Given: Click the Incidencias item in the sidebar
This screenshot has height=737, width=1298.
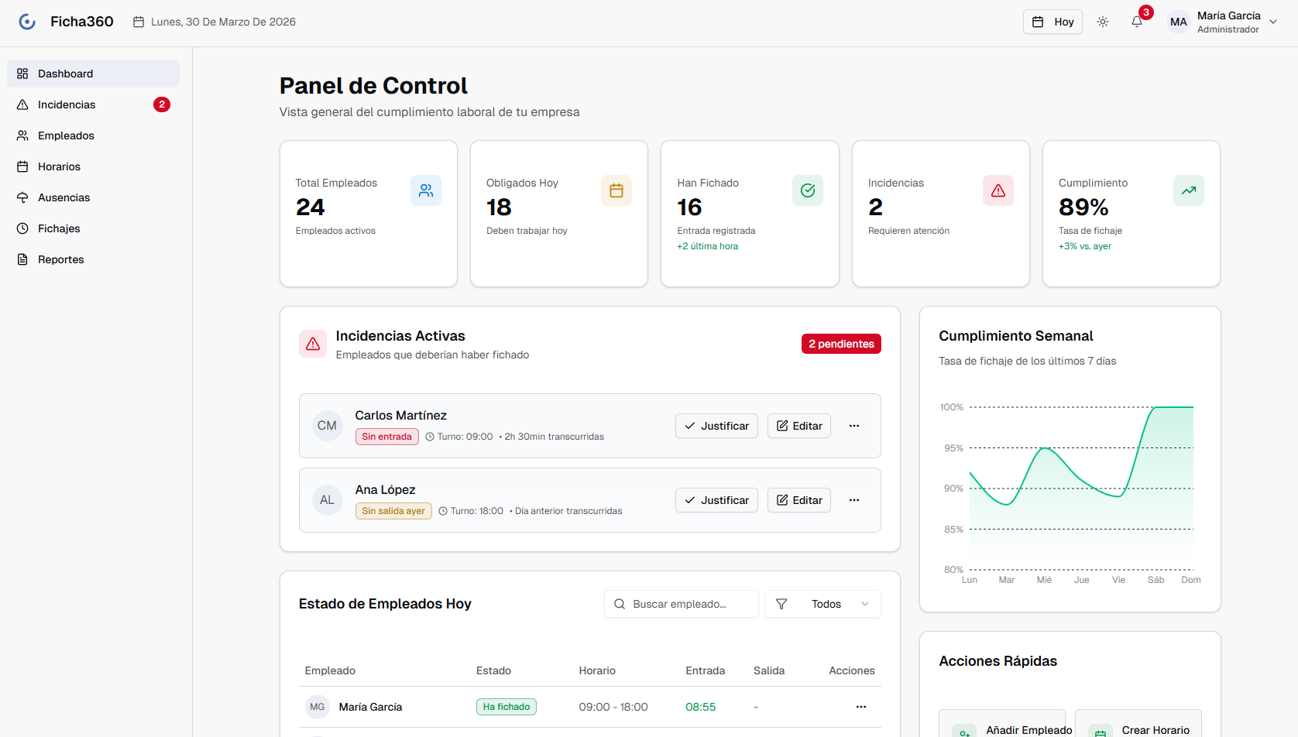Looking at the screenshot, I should coord(67,105).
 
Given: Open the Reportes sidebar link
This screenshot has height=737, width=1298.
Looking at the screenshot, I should coord(60,259).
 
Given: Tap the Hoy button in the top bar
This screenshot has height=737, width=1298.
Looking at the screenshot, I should coord(1052,22).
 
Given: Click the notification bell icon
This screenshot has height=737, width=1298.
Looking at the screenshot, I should coord(1136,22).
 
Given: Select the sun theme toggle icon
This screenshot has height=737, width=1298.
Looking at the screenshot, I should coord(1102,22).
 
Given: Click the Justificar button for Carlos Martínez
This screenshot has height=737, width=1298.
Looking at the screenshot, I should coord(716,426).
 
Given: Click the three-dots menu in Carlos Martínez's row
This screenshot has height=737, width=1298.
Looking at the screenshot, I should coord(853,426).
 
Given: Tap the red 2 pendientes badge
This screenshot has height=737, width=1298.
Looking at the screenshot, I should coord(841,344).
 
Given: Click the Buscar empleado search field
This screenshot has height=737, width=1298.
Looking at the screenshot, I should coord(682,604).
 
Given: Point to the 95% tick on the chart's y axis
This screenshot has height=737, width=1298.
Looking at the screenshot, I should coord(953,448).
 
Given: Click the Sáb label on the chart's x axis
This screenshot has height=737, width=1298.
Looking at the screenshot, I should coord(1155,580).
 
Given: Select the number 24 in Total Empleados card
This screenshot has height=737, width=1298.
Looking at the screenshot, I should coord(310,207).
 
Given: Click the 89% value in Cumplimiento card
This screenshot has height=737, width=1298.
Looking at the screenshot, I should coord(1083,207).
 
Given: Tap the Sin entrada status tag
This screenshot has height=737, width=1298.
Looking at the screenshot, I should coord(386,437).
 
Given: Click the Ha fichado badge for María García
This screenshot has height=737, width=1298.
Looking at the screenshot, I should coord(506,707).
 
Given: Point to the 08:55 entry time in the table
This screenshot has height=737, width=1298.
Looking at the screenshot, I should coord(700,707).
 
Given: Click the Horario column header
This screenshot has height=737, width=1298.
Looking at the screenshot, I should coord(597,670).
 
